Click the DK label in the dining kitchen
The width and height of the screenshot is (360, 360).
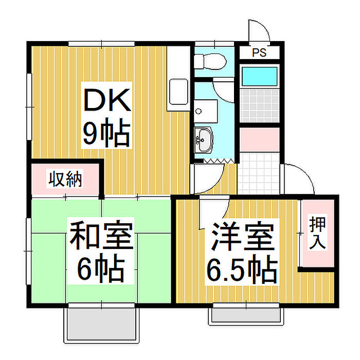coord(107,101)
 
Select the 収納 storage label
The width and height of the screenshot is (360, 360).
coord(65,179)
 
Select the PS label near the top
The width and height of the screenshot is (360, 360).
coord(259,52)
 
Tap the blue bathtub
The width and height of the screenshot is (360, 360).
coord(260,76)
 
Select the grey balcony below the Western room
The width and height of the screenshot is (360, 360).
coord(246,314)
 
